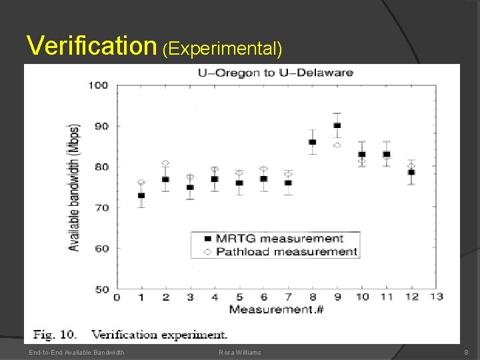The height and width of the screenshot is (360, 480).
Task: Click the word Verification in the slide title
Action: click(91, 45)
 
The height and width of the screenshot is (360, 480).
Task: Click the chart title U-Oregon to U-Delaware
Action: click(275, 73)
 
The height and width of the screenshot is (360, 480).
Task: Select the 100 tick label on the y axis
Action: click(99, 85)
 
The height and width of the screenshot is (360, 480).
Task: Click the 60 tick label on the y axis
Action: click(101, 249)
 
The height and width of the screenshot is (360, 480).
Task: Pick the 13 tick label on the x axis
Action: click(437, 297)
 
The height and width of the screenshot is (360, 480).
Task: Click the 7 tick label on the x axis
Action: click(288, 297)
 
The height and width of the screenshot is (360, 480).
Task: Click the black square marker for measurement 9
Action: click(337, 125)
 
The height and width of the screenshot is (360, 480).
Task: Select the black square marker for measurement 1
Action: click(141, 195)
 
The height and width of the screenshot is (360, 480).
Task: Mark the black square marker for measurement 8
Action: click(312, 142)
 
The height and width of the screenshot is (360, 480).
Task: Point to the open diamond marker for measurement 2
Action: click(165, 163)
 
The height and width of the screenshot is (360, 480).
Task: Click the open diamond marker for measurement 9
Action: click(337, 145)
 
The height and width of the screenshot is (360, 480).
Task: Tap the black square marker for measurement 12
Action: click(411, 172)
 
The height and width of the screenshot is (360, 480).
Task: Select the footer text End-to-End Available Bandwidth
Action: click(76, 352)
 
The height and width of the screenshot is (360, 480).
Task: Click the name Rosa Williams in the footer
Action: click(239, 352)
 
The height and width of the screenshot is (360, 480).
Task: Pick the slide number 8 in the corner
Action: click(466, 352)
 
